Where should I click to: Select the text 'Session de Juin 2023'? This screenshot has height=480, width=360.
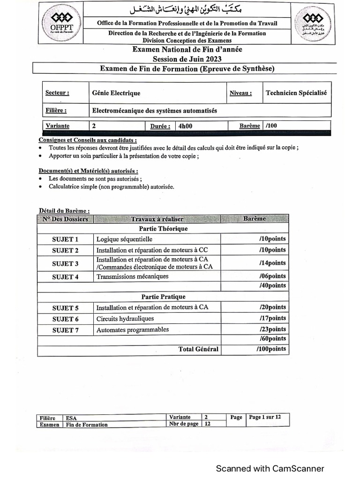click(x=187, y=59)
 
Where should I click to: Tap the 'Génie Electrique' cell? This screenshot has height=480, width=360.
click(x=117, y=93)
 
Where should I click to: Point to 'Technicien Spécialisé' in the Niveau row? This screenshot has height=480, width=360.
click(x=296, y=93)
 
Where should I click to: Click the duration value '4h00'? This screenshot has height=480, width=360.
click(x=185, y=126)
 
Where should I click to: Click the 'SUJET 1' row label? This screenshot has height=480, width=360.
click(x=65, y=240)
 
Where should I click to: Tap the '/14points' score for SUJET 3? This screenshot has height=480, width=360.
click(x=272, y=263)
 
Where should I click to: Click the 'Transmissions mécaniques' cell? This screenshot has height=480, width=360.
click(x=132, y=277)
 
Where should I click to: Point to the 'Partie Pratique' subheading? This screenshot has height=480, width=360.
click(x=163, y=297)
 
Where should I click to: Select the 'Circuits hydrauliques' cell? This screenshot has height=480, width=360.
click(x=125, y=319)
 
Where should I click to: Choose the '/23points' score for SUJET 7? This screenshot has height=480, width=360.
click(x=272, y=329)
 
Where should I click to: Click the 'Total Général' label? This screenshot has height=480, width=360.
click(x=198, y=349)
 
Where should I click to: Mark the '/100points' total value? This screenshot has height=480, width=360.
click(x=271, y=349)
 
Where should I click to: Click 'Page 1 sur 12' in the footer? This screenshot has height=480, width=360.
click(x=265, y=417)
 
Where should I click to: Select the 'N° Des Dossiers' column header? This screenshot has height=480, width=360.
click(x=66, y=219)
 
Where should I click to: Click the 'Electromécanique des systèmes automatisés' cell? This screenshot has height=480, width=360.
click(x=155, y=111)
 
